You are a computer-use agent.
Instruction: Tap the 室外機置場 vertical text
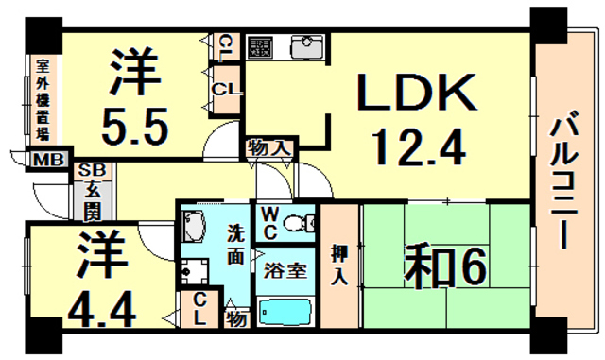(x=43, y=99)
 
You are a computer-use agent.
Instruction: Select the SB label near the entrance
(x=92, y=170)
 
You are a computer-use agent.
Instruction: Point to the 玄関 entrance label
(x=92, y=199)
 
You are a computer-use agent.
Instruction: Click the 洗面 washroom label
(x=235, y=244)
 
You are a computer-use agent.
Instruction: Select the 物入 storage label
(x=268, y=147)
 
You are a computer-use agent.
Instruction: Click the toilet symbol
(x=299, y=224)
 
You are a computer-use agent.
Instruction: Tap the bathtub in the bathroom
(x=286, y=312)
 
